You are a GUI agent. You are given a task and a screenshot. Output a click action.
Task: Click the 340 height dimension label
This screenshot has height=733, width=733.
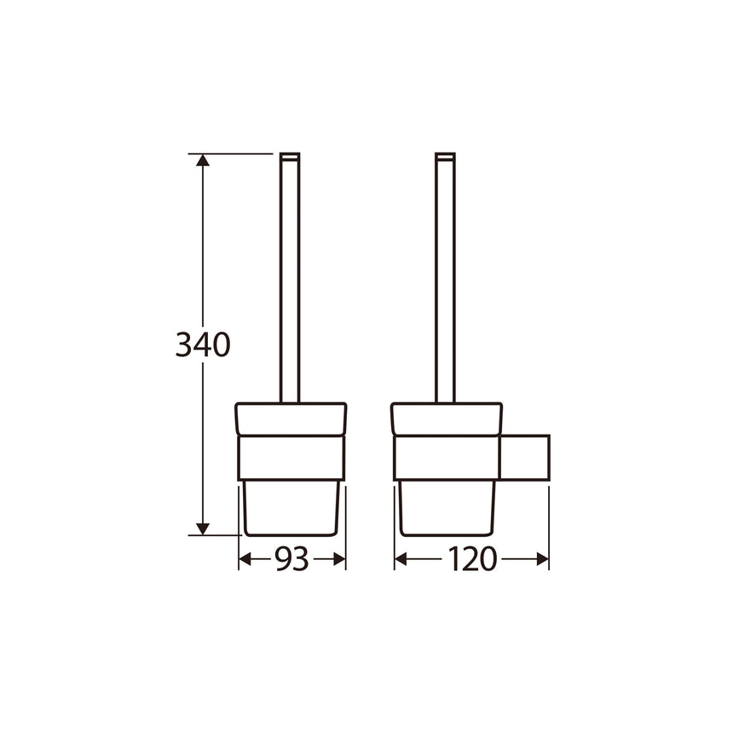(x=203, y=345)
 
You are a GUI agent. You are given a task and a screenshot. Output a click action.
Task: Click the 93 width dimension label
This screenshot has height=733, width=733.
(x=291, y=559)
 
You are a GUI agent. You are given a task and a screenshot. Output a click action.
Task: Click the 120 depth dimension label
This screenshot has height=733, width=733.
(x=471, y=559)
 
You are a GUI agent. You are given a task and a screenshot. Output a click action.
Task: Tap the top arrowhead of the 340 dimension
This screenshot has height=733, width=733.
(x=202, y=160)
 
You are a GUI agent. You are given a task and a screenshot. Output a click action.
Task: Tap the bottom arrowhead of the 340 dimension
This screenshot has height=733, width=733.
(x=202, y=529)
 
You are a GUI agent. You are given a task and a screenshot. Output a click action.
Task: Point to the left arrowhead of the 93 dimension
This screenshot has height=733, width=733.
(x=245, y=559)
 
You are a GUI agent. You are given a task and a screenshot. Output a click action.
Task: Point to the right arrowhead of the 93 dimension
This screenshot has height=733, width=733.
(x=339, y=559)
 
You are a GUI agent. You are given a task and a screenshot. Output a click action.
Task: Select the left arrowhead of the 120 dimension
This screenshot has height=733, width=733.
(x=401, y=559)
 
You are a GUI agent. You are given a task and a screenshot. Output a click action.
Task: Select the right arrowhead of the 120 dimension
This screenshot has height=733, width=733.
(x=543, y=559)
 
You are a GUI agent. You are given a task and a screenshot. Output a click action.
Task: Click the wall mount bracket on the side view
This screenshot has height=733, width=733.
(x=524, y=458)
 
